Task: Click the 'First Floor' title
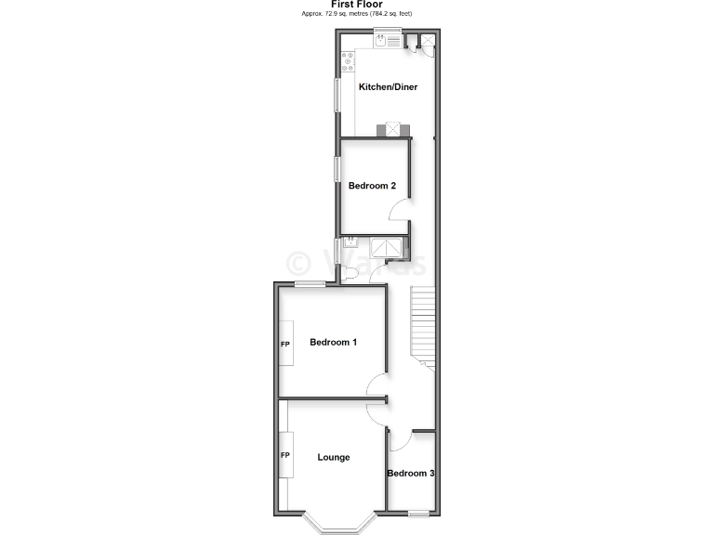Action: tap(357, 5)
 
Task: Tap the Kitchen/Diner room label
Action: tap(388, 87)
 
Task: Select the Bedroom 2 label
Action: tap(372, 186)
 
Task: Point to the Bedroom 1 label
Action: tap(333, 342)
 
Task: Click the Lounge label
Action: tap(333, 457)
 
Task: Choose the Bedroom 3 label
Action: tap(410, 474)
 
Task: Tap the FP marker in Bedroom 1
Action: tap(285, 345)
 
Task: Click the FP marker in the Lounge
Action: tap(285, 455)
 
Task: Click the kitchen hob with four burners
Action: tap(348, 62)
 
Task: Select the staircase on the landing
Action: tap(423, 325)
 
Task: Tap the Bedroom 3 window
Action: tap(419, 514)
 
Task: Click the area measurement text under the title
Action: tap(357, 14)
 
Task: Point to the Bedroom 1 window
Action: tap(310, 283)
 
